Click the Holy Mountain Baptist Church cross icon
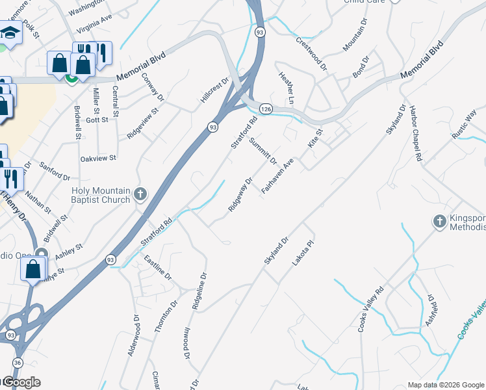(x=140, y=194)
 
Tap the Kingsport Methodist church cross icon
(x=440, y=222)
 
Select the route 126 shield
(x=266, y=109)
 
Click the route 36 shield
(x=17, y=363)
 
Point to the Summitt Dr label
(x=264, y=151)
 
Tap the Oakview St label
(x=97, y=158)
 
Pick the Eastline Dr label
(x=157, y=268)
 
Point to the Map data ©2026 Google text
(x=445, y=385)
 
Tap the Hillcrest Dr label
(x=215, y=92)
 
